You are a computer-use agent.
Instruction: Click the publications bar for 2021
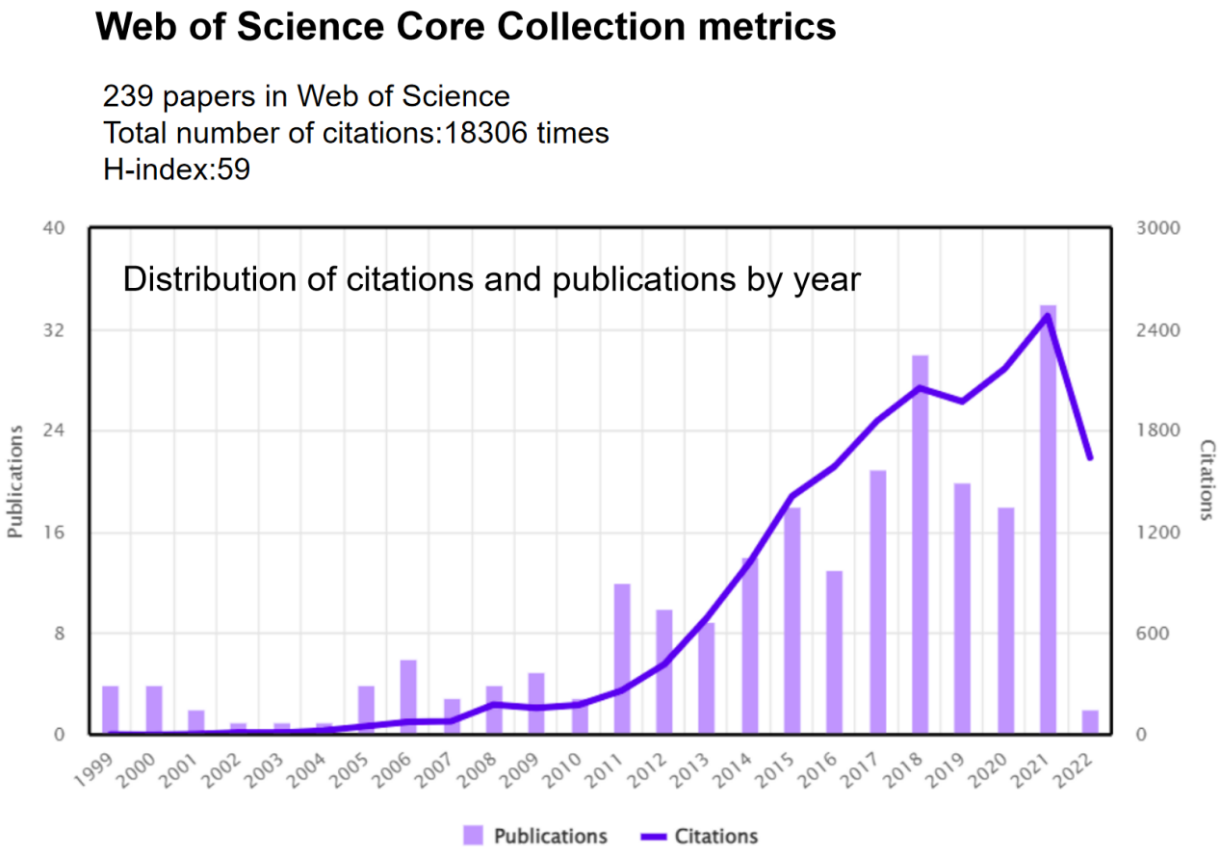tap(1048, 520)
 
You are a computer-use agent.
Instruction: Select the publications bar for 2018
tap(921, 545)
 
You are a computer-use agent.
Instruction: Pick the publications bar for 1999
tap(111, 710)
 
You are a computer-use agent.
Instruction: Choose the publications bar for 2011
tap(622, 659)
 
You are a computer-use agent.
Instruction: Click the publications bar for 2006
tap(408, 697)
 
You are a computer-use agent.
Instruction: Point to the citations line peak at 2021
tap(1048, 315)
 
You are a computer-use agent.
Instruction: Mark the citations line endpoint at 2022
tap(1090, 458)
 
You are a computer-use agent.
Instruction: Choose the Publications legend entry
tap(550, 836)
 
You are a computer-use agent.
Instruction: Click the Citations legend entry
tap(715, 836)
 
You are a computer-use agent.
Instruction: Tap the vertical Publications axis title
tap(15, 481)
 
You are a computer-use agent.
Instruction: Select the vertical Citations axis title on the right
tap(1207, 480)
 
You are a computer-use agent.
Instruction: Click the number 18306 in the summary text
tap(484, 133)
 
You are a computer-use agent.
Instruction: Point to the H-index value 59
tap(234, 169)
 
